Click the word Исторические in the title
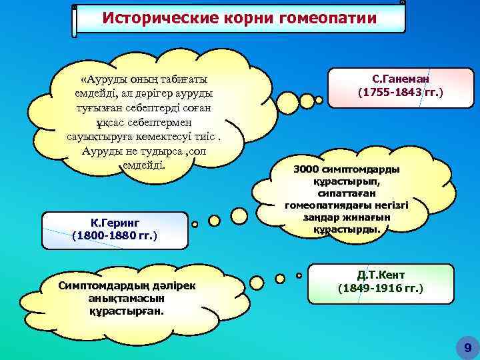[147, 17]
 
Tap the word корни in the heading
[225, 17]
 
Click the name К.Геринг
[114, 223]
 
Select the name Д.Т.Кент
[381, 275]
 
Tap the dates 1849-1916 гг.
[381, 289]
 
